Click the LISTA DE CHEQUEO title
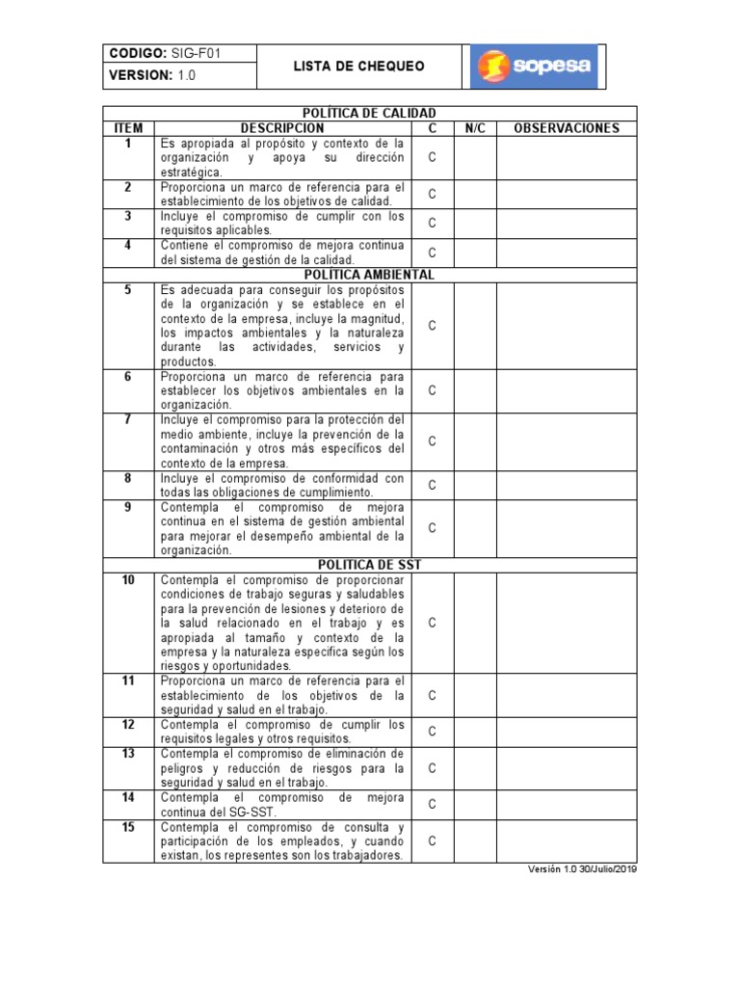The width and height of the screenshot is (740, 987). [358, 67]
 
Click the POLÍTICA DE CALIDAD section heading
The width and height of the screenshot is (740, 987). [370, 114]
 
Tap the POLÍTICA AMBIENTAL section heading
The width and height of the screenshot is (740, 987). [370, 275]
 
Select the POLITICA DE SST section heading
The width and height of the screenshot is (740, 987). [370, 565]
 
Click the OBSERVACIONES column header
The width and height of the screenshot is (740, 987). [567, 128]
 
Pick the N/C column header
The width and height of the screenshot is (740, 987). [475, 128]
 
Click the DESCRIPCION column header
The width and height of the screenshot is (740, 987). [282, 128]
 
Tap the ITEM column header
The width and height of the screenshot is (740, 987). [128, 128]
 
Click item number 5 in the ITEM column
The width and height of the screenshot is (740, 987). [128, 289]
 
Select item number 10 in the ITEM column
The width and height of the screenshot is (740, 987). [128, 580]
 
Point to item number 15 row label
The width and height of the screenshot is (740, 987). [128, 827]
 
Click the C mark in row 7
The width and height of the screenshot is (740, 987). [433, 441]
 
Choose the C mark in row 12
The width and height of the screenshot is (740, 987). [433, 732]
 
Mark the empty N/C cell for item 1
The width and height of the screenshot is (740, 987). [475, 157]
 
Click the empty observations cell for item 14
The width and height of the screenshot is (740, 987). [567, 804]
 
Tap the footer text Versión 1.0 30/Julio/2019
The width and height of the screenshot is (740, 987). [582, 868]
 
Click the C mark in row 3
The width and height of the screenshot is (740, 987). [433, 224]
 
